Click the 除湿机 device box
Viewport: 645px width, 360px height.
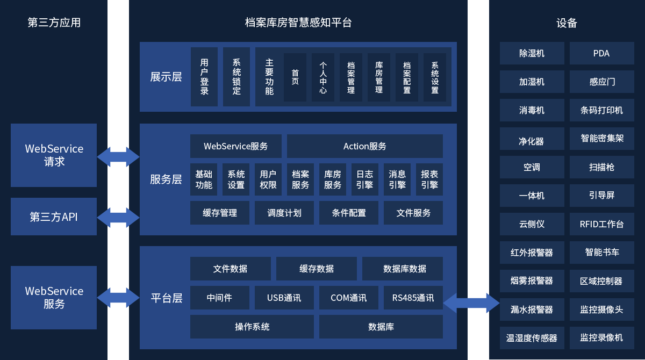[x=532, y=53]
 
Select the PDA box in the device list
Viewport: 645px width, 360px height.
[x=601, y=53]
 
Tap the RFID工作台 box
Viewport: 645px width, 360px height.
[x=601, y=224]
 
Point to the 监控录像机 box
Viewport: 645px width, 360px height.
[x=601, y=338]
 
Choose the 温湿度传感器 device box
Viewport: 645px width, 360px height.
[x=532, y=338]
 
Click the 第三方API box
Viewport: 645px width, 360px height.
[x=54, y=217]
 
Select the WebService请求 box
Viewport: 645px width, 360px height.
[x=54, y=155]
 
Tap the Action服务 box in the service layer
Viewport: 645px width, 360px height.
[x=364, y=146]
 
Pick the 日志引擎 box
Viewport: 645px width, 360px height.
[x=364, y=179]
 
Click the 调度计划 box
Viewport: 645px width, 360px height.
[x=284, y=213]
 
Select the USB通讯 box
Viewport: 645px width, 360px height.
[x=284, y=298]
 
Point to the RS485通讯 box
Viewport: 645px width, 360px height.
[x=413, y=298]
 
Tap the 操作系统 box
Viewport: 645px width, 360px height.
[x=252, y=327]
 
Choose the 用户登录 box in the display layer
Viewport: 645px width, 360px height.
[x=204, y=77]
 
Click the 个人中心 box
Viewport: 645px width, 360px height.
[x=322, y=77]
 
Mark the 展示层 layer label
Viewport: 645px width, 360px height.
[x=166, y=77]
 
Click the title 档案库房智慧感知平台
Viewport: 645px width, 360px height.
[x=298, y=23]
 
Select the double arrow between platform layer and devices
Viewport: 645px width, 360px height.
[x=471, y=303]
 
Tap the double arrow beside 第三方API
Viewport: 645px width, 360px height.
[x=118, y=217]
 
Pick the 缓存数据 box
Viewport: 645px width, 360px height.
[x=316, y=269]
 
